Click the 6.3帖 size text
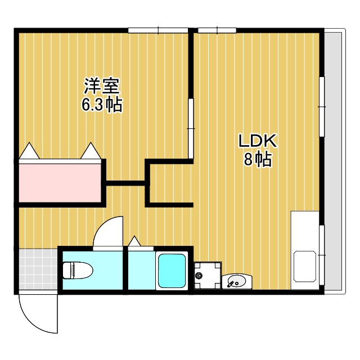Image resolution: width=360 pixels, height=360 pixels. (102, 105)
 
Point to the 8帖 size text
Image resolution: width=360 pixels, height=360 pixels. (258, 160)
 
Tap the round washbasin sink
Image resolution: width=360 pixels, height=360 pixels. (237, 280)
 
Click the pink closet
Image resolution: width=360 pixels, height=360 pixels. (61, 181)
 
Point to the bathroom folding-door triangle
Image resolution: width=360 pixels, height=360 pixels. (134, 241)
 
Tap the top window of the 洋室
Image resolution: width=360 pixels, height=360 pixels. (157, 30)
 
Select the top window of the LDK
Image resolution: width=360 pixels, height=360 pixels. (217, 30)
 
